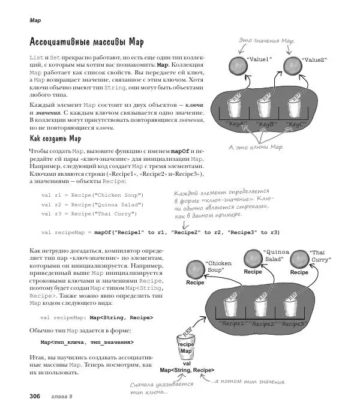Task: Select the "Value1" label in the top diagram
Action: [260, 60]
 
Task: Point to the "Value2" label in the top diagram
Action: [314, 60]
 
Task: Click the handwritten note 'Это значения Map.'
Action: [268, 40]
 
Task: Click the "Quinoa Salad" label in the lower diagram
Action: [277, 257]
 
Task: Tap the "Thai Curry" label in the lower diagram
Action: [320, 257]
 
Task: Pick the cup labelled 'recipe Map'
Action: [187, 347]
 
